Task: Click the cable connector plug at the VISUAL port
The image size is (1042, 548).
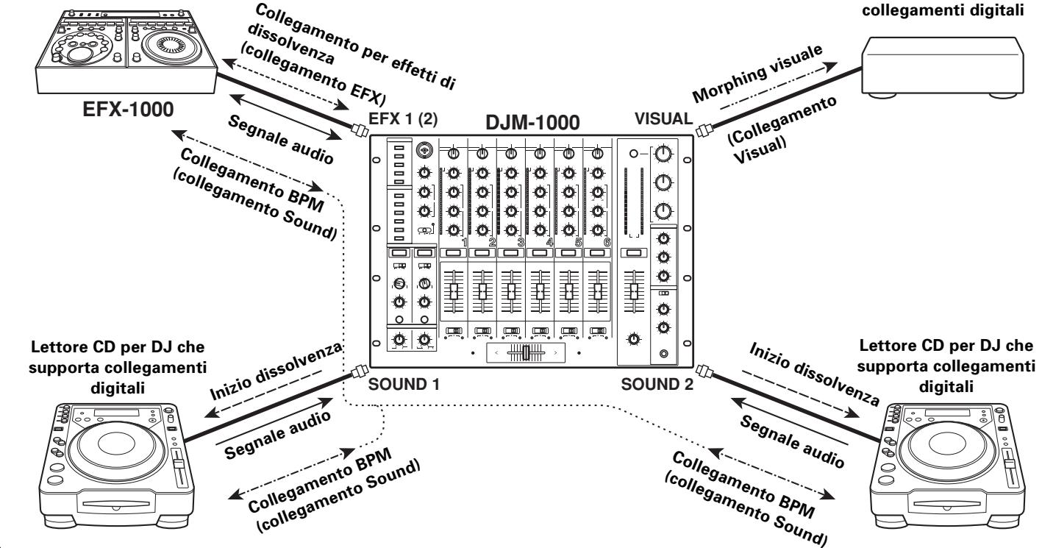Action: (x=703, y=132)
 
